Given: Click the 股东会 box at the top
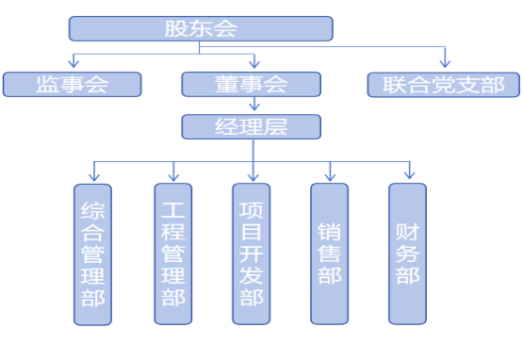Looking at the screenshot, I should [201, 28].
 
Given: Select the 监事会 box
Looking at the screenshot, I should [72, 84].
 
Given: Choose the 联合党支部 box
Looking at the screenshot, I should [443, 84].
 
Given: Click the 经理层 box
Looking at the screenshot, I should [251, 126].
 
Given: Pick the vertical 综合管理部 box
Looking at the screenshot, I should [92, 254].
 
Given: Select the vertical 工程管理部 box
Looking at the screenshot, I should [172, 254].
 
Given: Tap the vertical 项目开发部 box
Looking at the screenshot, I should [252, 254].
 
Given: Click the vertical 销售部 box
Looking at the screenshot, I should [329, 254].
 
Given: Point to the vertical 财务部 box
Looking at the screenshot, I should [407, 254].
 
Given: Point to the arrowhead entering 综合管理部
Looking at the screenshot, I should [93, 175].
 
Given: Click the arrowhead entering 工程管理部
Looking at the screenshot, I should [173, 175].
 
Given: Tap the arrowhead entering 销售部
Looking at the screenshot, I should [330, 175].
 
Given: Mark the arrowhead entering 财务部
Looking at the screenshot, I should [409, 175].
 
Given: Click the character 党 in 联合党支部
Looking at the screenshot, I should [443, 84].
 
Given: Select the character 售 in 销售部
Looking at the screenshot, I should [329, 253].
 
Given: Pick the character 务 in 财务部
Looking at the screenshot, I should [407, 253].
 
